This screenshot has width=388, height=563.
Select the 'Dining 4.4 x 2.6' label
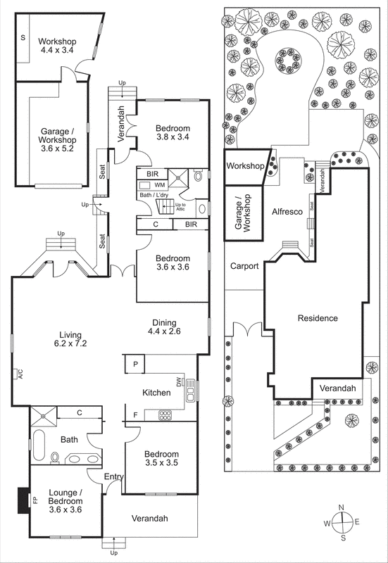point(165,327)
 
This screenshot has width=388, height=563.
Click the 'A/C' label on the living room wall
point(21,374)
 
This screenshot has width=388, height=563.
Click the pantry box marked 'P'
point(134,365)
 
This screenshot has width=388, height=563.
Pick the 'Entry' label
point(113,478)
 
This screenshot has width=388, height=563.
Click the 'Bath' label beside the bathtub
point(69,439)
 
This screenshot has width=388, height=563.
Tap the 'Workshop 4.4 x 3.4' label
point(57,46)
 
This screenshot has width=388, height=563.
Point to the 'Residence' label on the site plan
point(318,318)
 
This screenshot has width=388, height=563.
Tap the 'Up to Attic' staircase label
point(190,207)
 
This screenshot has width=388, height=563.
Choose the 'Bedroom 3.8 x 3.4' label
point(173,132)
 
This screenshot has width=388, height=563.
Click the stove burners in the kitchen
point(165,415)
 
